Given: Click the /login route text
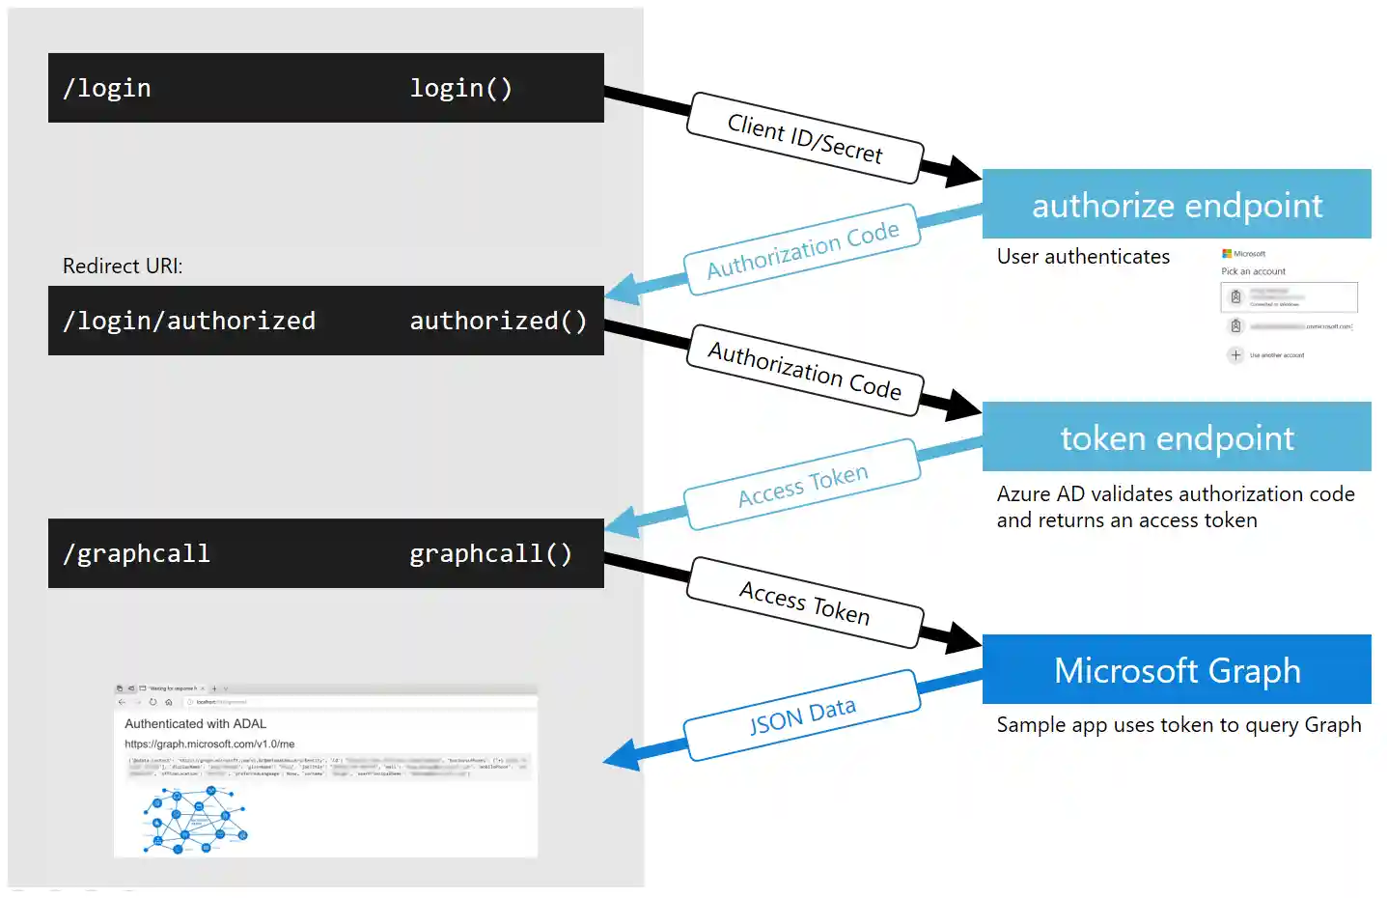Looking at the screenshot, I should pyautogui.click(x=107, y=88).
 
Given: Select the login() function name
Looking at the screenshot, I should pyautogui.click(x=460, y=88).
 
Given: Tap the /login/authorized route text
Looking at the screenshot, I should pyautogui.click(x=189, y=321).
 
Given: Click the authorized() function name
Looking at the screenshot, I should pyautogui.click(x=498, y=321).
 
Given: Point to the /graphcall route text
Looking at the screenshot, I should pyautogui.click(x=136, y=553).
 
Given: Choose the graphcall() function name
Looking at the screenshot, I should pyautogui.click(x=490, y=553).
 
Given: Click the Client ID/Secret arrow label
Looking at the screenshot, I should pyautogui.click(x=805, y=139).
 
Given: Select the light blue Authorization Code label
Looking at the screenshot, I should pyautogui.click(x=802, y=249).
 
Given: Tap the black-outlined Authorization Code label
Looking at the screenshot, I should pyautogui.click(x=805, y=371).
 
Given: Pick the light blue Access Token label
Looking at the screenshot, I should pyautogui.click(x=802, y=484).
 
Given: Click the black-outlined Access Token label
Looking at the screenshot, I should pyautogui.click(x=805, y=603).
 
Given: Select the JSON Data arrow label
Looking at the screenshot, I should pyautogui.click(x=802, y=716).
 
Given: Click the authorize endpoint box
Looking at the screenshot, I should pyautogui.click(x=1177, y=205).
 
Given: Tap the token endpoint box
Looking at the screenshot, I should pyautogui.click(x=1177, y=437).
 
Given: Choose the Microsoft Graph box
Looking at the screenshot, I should pyautogui.click(x=1177, y=670).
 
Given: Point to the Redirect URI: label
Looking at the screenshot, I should pyautogui.click(x=123, y=266).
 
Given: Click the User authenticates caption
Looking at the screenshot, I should pyautogui.click(x=1083, y=257).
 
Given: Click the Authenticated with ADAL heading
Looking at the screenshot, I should pyautogui.click(x=195, y=723).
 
